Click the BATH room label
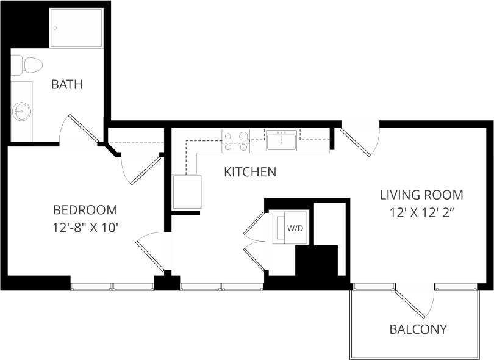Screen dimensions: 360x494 66,84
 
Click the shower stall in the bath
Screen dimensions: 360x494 76,27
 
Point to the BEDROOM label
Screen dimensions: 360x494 85,210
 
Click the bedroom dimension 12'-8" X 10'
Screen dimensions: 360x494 85,229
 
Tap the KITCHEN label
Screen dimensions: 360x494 250,172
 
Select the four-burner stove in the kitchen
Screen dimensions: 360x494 235,141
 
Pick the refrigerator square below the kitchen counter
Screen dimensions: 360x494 187,192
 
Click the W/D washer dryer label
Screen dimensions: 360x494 295,228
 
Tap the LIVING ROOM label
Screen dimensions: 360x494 421,195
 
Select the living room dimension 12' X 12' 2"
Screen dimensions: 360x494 421,214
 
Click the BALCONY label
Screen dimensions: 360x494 418,329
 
